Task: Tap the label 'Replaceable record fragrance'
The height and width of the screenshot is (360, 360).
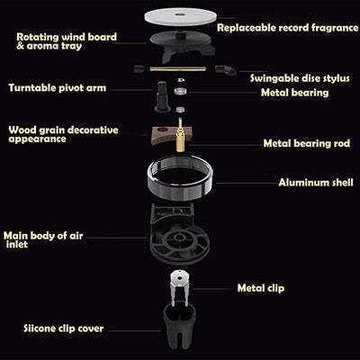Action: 288,28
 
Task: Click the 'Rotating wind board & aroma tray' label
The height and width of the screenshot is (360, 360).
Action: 67,41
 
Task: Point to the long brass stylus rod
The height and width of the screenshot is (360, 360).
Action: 178,69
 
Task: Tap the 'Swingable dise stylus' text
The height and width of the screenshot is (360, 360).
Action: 300,78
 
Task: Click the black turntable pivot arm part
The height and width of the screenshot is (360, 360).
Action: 162,96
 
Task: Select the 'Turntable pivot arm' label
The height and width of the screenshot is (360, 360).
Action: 58,88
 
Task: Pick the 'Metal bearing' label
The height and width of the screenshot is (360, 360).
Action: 294,93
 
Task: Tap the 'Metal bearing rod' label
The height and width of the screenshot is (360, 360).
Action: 307,143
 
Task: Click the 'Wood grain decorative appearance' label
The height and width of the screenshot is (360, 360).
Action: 63,134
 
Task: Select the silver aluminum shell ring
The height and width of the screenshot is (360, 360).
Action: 180,192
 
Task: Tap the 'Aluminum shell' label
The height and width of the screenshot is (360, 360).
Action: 316,183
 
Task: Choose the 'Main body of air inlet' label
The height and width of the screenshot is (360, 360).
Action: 43,240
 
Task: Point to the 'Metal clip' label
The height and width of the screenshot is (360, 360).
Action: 261,288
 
